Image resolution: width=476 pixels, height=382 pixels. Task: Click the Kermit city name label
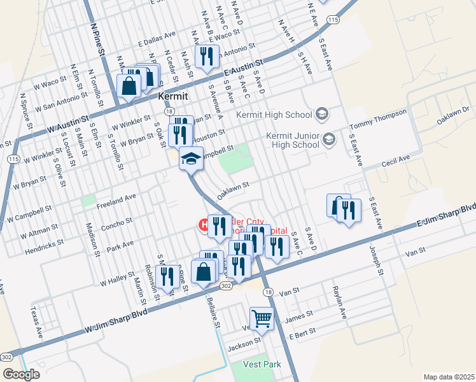tap(172, 96)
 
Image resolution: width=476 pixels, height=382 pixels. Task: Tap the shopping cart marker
tap(262, 318)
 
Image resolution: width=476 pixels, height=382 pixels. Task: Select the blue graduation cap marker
tap(191, 159)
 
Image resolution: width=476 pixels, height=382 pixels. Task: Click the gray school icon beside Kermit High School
tap(323, 115)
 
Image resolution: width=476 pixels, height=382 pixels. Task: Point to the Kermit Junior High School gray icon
tap(329, 139)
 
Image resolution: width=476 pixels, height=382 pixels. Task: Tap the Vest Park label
tap(262, 365)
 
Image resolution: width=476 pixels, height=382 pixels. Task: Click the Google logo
tap(20, 374)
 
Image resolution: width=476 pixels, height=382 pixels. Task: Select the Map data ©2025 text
tap(449, 377)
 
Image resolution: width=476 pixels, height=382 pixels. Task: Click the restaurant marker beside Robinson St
tap(167, 277)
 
